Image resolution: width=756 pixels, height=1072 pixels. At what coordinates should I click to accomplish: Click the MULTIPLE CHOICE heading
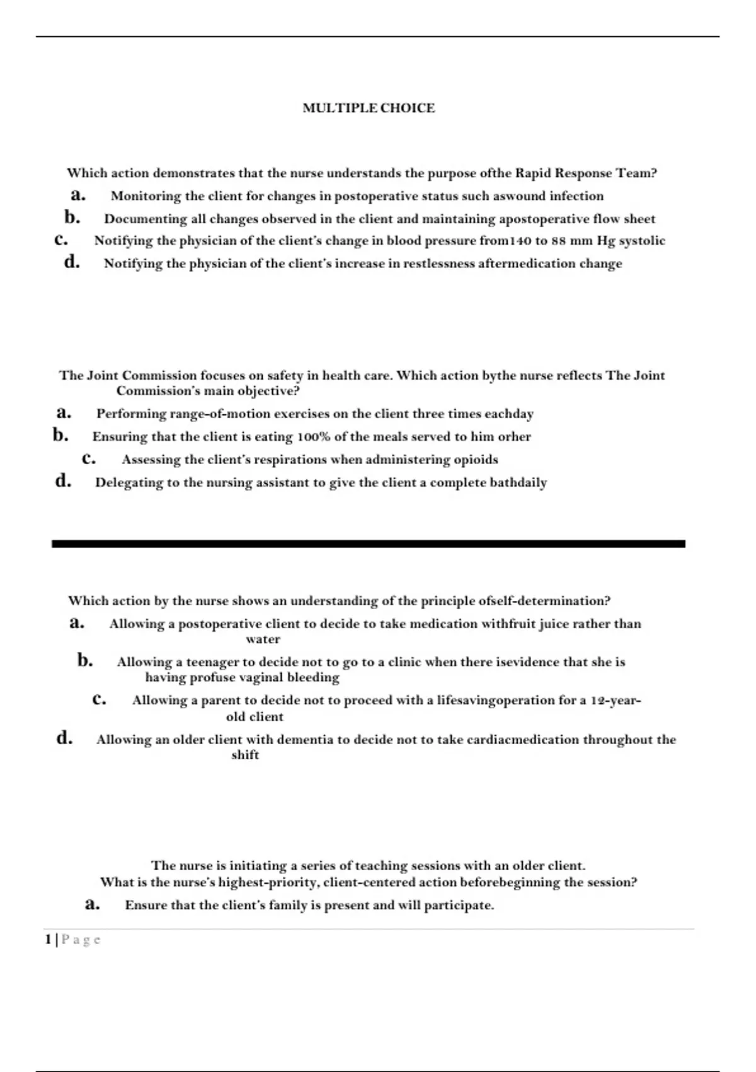[x=369, y=108]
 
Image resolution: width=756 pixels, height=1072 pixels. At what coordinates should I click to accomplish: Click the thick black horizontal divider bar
[x=368, y=544]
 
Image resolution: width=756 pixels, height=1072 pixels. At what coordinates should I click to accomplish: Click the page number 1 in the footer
[x=48, y=940]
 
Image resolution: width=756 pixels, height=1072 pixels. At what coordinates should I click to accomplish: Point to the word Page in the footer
[x=81, y=940]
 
